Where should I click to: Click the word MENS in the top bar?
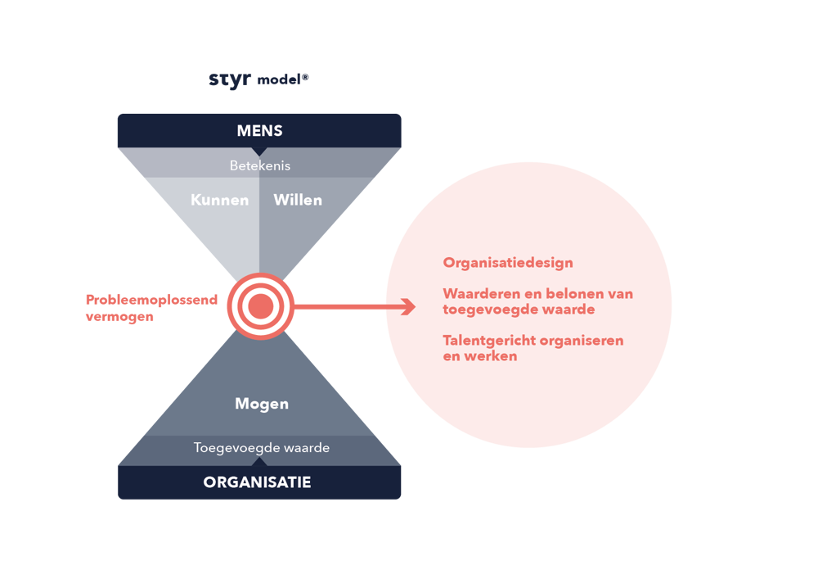click(x=259, y=131)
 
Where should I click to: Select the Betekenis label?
click(x=259, y=165)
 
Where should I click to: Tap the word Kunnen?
click(x=219, y=200)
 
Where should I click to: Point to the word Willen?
click(x=298, y=200)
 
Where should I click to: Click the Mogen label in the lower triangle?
click(x=262, y=404)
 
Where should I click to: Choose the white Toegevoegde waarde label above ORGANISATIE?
click(x=262, y=448)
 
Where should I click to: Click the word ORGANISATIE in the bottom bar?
click(x=258, y=482)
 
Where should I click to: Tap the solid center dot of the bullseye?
click(x=260, y=306)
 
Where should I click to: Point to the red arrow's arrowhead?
click(x=407, y=306)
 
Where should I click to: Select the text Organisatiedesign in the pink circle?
click(x=508, y=263)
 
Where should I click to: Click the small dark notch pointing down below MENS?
click(x=259, y=151)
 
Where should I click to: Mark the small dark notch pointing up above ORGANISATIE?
click(x=259, y=462)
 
